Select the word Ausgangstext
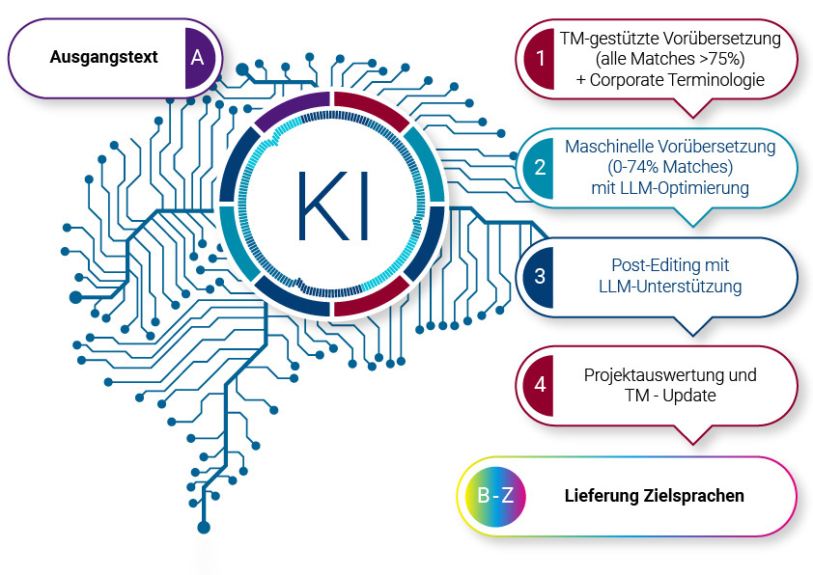click(x=103, y=57)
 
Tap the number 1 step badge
click(x=539, y=58)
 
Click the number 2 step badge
click(x=539, y=167)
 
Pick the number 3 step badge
click(x=539, y=276)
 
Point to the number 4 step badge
click(x=539, y=385)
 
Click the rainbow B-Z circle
click(x=495, y=496)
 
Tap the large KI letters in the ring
click(x=333, y=205)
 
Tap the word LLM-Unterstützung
click(x=670, y=286)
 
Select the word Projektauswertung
click(x=655, y=375)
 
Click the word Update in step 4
click(x=689, y=396)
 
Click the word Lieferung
click(x=602, y=495)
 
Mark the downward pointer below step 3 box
click(x=692, y=327)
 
